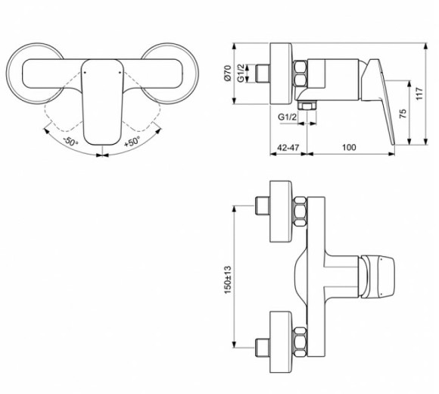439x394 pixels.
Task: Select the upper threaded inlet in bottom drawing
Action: tap(265, 206)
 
